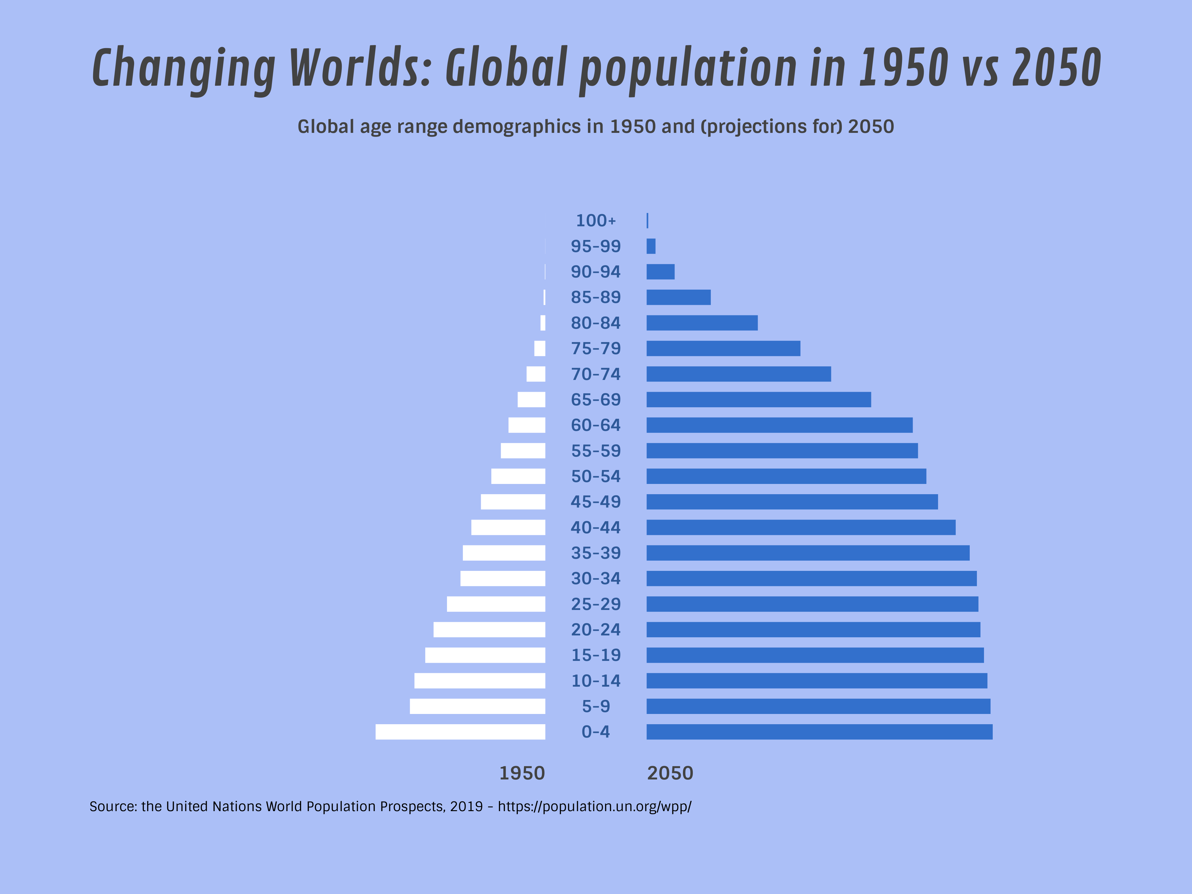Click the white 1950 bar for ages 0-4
coord(460,732)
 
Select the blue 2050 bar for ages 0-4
coord(819,732)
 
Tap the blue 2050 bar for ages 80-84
coord(702,323)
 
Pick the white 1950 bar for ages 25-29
coord(496,604)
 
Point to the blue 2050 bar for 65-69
coord(758,399)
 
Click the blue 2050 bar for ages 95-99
coord(651,246)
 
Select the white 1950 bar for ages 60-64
coord(526,425)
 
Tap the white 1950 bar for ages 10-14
coord(480,681)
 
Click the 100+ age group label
coord(595,220)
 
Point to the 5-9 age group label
coord(595,706)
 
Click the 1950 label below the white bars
coord(521,773)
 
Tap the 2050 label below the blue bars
coord(670,773)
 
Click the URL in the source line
coord(594,807)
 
